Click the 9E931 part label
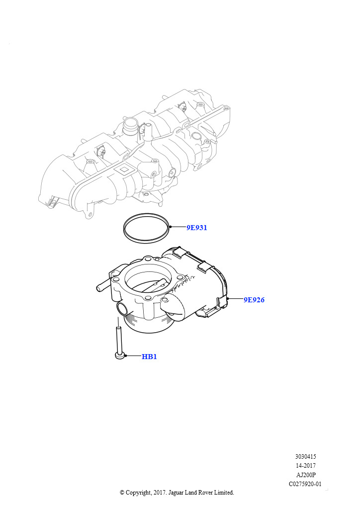click(196, 228)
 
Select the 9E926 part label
click(254, 300)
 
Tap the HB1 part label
click(149, 357)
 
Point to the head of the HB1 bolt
click(120, 356)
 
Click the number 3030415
click(305, 457)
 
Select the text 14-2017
click(305, 466)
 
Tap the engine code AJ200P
click(305, 475)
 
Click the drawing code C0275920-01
click(305, 484)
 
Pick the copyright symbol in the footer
click(122, 493)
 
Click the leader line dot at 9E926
click(229, 298)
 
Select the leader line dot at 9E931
click(170, 227)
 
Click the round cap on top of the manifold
click(130, 124)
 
